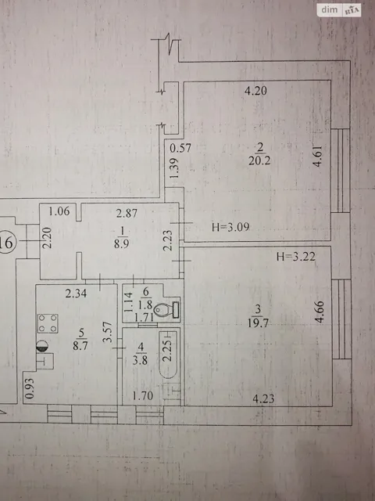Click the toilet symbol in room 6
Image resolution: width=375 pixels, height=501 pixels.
click(166, 309)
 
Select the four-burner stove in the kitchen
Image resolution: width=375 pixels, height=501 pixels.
click(48, 323)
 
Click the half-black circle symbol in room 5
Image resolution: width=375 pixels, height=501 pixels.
click(42, 346)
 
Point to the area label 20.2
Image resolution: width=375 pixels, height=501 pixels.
click(259, 160)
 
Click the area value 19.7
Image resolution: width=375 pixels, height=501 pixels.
click(258, 323)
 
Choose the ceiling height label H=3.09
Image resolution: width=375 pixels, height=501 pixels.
click(230, 227)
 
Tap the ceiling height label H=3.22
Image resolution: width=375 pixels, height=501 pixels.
click(296, 256)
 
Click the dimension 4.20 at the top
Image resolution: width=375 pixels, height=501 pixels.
click(255, 91)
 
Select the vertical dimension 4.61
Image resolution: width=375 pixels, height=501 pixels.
click(318, 156)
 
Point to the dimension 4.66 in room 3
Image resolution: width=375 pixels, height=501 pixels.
click(320, 312)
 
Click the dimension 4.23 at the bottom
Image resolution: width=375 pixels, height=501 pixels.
click(263, 398)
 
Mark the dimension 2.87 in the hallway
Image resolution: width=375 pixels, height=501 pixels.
click(127, 213)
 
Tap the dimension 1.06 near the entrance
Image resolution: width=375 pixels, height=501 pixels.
click(59, 211)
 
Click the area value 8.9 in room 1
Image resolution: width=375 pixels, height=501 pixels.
click(122, 243)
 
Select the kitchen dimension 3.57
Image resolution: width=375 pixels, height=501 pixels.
click(109, 332)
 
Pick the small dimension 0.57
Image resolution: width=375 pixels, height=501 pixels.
click(180, 148)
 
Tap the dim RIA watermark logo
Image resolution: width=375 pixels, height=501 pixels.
click(339, 10)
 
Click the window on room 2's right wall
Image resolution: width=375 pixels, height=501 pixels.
click(341, 171)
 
